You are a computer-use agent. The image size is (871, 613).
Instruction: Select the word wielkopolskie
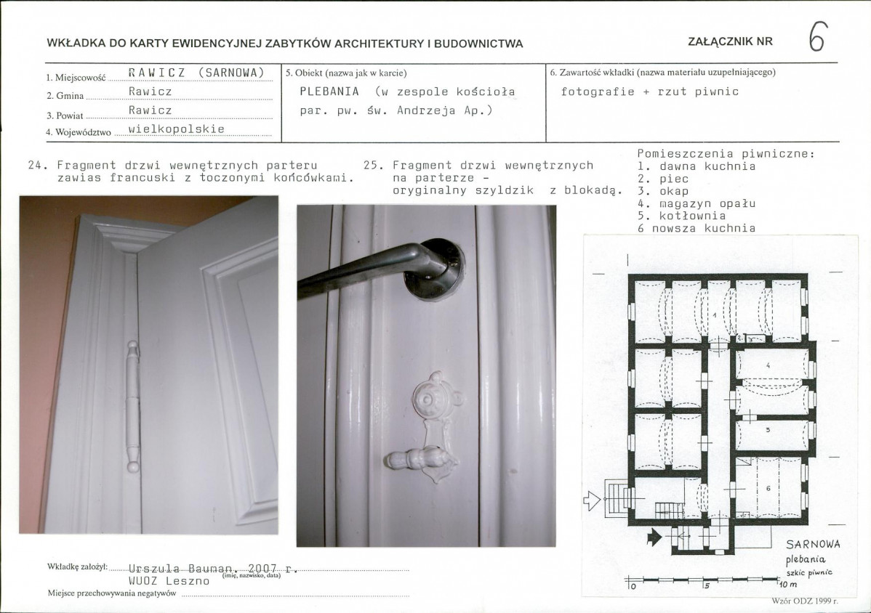click(177, 129)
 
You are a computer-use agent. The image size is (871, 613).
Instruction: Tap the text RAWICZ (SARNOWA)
click(196, 73)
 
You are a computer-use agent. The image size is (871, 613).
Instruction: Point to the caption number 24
click(35, 166)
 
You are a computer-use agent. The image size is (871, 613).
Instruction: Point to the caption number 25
click(371, 166)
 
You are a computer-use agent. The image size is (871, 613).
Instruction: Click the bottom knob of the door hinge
click(133, 463)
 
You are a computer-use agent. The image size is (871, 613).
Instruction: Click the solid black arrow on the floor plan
click(656, 537)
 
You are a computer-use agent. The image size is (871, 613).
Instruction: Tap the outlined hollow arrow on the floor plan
click(592, 500)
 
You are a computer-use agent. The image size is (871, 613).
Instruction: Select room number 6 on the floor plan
click(768, 488)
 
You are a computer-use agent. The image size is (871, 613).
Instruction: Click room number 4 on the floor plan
click(768, 365)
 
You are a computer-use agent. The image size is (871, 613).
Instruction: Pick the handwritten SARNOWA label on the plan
click(814, 544)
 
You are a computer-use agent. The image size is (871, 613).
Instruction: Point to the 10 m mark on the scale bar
click(788, 584)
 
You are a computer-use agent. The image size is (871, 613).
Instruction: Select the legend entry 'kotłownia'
click(693, 216)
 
